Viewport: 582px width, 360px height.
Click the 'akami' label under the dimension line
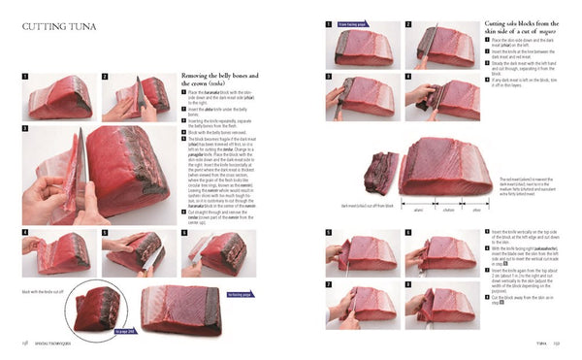420,209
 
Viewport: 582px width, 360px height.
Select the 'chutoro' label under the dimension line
448,209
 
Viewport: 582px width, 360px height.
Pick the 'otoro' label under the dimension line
476,209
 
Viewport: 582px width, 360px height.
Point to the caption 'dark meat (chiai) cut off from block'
367,205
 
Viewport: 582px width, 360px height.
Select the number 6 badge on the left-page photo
185,234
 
